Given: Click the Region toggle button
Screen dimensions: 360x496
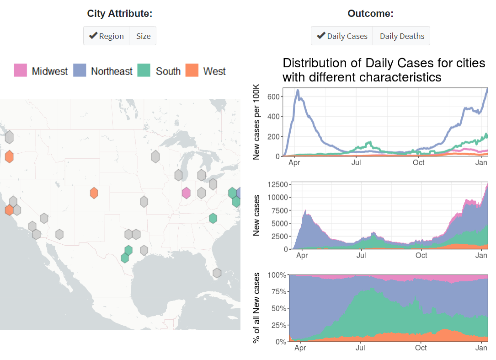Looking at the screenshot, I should (x=106, y=36).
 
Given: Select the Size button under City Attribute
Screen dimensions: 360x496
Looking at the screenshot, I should (x=143, y=36).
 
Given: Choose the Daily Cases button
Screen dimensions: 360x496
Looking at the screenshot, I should (x=342, y=36).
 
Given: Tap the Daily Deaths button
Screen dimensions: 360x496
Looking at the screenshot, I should (x=401, y=36).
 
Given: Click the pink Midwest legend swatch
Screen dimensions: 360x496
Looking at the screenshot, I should (x=21, y=70).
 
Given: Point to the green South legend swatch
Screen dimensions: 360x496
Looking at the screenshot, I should (x=144, y=70).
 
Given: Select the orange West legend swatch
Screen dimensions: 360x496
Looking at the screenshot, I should (x=192, y=70).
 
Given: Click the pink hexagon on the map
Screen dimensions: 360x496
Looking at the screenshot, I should (x=186, y=193).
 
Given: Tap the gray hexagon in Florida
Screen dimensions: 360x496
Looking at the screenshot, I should (x=217, y=273).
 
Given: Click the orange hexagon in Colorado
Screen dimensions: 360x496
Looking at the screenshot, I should (x=94, y=193).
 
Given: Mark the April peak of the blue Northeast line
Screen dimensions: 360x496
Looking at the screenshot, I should (x=298, y=91).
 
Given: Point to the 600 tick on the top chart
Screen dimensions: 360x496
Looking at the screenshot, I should (x=273, y=97).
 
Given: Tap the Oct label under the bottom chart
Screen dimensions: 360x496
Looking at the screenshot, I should (x=421, y=348).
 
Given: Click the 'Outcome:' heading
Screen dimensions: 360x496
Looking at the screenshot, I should (x=370, y=14).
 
